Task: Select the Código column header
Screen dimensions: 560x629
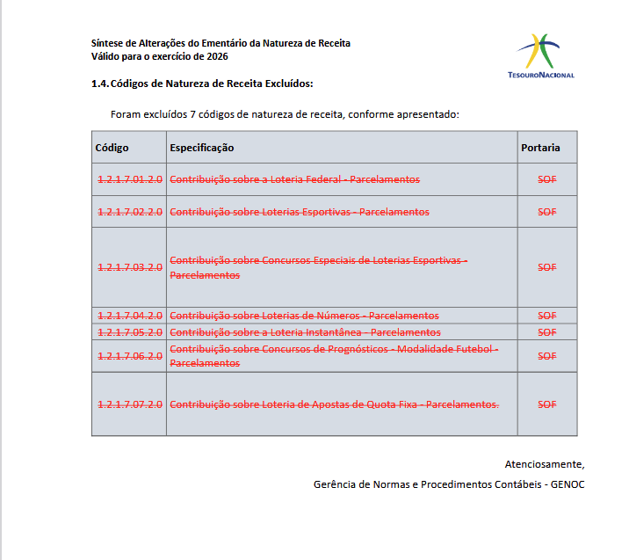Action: pyautogui.click(x=112, y=148)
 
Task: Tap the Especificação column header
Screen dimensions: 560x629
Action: pyautogui.click(x=201, y=148)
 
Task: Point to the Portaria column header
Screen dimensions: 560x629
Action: pyautogui.click(x=540, y=148)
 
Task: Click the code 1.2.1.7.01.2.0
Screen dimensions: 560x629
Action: pyautogui.click(x=130, y=179)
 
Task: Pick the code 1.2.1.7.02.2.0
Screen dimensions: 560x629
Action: pyautogui.click(x=130, y=212)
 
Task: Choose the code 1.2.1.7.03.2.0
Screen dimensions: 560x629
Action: pyautogui.click(x=130, y=267)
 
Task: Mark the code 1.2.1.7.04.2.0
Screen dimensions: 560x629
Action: pyautogui.click(x=130, y=316)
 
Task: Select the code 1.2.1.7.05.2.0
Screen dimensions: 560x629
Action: pyautogui.click(x=130, y=332)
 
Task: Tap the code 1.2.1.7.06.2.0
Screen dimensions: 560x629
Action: pyautogui.click(x=130, y=356)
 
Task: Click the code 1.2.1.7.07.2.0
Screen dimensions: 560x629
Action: pyautogui.click(x=130, y=404)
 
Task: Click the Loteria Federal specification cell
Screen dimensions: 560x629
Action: pyautogui.click(x=294, y=179)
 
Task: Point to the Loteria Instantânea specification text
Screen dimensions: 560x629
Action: pyautogui.click(x=305, y=332)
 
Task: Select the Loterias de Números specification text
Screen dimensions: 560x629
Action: pyautogui.click(x=304, y=316)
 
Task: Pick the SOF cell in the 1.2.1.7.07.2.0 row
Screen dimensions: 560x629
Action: pyautogui.click(x=547, y=404)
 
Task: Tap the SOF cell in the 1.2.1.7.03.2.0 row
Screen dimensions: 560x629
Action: pyautogui.click(x=547, y=267)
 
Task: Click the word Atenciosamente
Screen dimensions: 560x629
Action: pyautogui.click(x=544, y=464)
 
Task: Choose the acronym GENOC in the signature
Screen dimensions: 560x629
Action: pyautogui.click(x=568, y=484)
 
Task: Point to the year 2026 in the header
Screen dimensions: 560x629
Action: pyautogui.click(x=214, y=56)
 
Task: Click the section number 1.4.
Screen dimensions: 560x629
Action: pyautogui.click(x=99, y=84)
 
